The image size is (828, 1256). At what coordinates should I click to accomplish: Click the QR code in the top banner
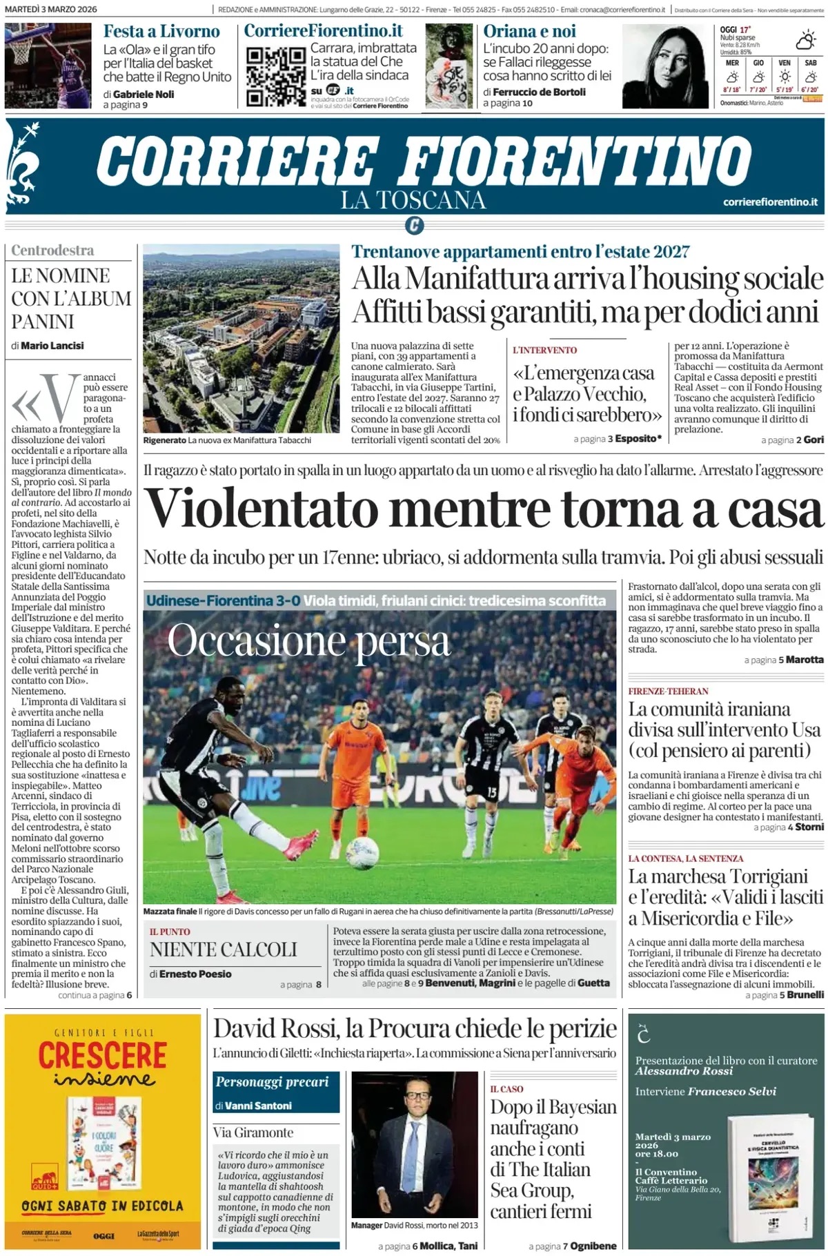[x=275, y=76]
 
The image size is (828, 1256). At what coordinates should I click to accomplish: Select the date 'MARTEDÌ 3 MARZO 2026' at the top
[x=51, y=10]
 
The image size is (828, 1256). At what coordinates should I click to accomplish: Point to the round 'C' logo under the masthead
[x=414, y=225]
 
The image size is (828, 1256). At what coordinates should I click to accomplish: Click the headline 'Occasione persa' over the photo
[x=308, y=642]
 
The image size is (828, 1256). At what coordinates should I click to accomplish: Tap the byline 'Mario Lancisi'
[x=52, y=346]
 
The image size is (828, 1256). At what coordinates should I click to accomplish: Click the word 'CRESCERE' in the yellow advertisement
[x=102, y=1055]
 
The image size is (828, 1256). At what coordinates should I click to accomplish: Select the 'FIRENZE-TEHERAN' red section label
[x=668, y=691]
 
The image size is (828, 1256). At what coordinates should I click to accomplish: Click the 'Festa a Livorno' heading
[x=161, y=32]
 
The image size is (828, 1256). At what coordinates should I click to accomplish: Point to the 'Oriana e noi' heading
[x=530, y=32]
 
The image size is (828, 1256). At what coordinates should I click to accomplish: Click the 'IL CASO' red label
[x=506, y=1089]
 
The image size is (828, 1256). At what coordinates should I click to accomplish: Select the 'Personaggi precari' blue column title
[x=272, y=1081]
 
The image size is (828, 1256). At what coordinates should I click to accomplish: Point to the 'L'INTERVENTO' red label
[x=544, y=350]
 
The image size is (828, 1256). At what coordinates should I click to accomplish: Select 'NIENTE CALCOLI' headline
[x=224, y=950]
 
